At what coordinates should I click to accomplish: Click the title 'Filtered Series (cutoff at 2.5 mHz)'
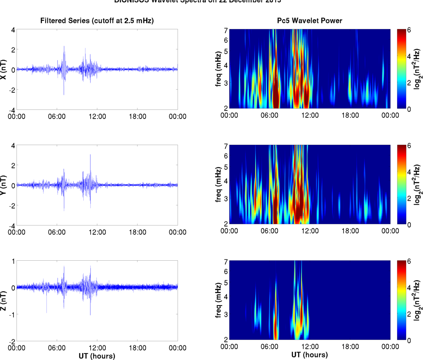coord(97,21)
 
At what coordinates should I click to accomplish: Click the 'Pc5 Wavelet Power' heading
coord(309,21)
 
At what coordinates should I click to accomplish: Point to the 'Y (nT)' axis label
coord(4,185)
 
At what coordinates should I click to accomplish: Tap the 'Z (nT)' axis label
coord(4,301)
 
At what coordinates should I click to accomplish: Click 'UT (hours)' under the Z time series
coord(97,356)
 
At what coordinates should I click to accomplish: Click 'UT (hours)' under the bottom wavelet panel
coord(309,355)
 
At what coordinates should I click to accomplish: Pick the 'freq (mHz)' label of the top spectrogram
coord(219,69)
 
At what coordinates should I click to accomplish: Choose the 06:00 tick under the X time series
coord(57,116)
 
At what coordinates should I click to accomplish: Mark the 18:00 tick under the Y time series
coord(137,232)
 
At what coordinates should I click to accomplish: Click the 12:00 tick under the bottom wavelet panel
coord(310,347)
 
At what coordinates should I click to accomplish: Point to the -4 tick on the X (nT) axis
coord(12,110)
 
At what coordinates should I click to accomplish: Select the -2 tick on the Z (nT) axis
coord(12,341)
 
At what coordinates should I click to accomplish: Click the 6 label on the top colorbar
coord(409,30)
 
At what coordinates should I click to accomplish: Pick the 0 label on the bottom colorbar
coord(409,340)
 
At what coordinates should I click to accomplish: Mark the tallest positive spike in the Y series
coord(90,155)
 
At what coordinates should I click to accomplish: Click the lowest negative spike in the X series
coord(64,94)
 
